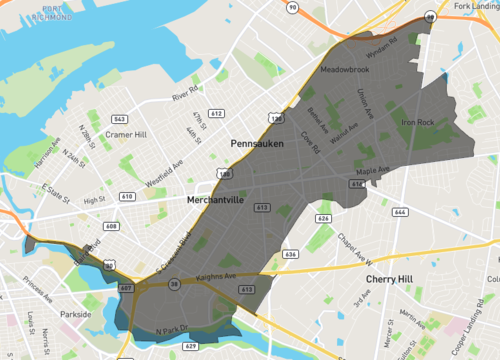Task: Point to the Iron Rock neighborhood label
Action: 418,123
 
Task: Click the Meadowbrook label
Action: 344,70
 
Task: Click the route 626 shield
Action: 323,217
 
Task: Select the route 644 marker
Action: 401,212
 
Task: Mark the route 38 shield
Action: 175,286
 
